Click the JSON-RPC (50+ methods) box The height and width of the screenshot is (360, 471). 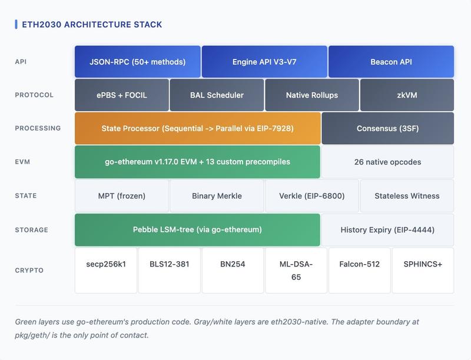(137, 62)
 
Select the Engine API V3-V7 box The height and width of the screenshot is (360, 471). (264, 62)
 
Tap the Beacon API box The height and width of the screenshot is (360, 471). (391, 62)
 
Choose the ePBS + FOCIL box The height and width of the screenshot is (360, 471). (122, 95)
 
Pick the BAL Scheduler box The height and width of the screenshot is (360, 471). (217, 95)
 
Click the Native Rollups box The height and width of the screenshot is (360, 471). (312, 95)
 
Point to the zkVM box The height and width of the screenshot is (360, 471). (407, 95)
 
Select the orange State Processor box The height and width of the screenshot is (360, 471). (197, 128)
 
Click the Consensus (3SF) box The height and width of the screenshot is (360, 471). (387, 128)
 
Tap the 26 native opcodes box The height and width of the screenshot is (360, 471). (387, 162)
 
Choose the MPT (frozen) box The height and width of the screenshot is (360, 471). (122, 196)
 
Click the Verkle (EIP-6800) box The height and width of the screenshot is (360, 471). (312, 196)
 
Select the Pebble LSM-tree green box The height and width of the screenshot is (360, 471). (197, 229)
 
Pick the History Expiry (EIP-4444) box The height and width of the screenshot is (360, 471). (387, 229)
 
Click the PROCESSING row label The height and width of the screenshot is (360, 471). (38, 128)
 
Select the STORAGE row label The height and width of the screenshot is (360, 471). (31, 230)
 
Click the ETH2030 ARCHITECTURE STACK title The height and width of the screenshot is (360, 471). (92, 25)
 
